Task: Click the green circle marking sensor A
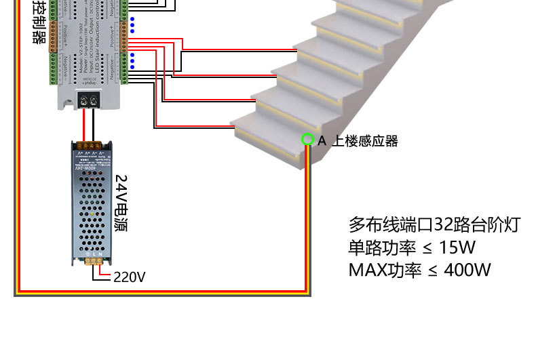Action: [307, 140]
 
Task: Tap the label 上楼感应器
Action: [364, 141]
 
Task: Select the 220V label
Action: [129, 277]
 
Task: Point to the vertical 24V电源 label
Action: [121, 203]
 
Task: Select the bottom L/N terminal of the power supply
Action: [93, 261]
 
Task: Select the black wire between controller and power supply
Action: [94, 125]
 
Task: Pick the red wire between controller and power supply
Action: [84, 125]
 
